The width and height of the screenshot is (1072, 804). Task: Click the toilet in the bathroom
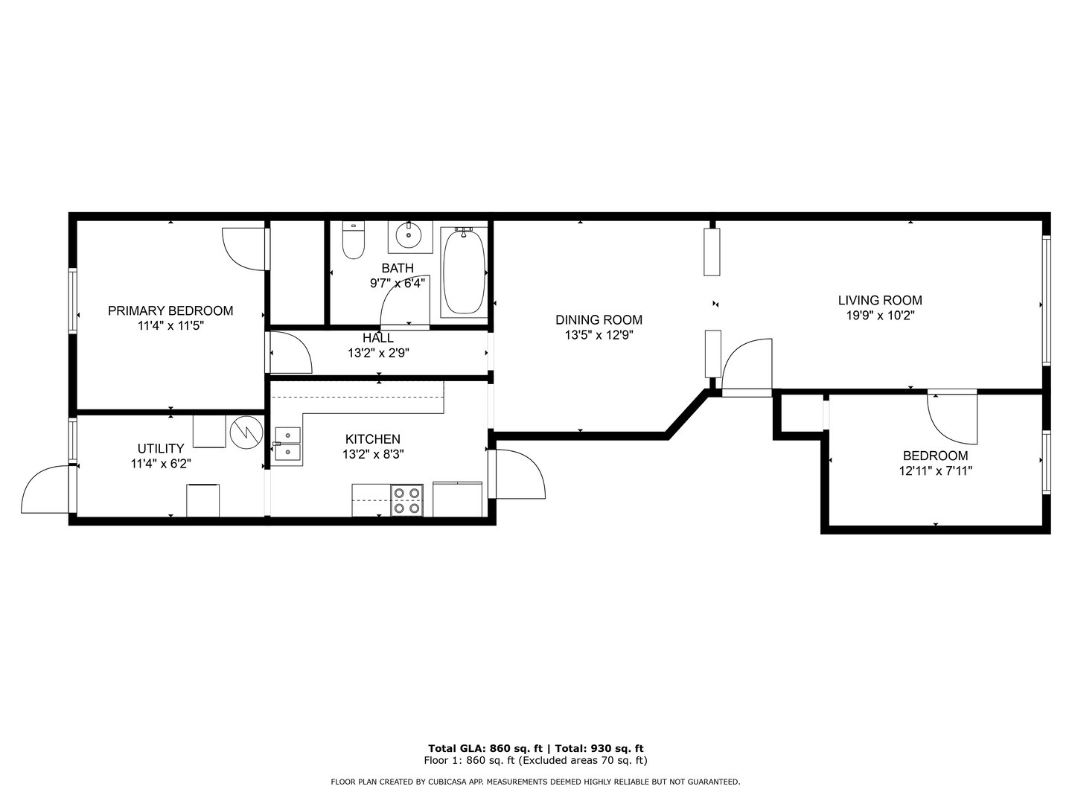pyautogui.click(x=353, y=240)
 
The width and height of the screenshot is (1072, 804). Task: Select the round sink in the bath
pyautogui.click(x=408, y=235)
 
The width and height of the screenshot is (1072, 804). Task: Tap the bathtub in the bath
pyautogui.click(x=463, y=271)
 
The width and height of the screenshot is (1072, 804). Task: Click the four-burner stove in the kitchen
pyautogui.click(x=406, y=500)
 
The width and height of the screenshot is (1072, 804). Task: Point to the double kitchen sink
pyautogui.click(x=287, y=444)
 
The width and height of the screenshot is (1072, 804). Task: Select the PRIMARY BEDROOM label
pyautogui.click(x=170, y=311)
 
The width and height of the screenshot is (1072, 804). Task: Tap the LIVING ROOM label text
pyautogui.click(x=880, y=301)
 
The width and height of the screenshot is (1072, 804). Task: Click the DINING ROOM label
pyautogui.click(x=599, y=320)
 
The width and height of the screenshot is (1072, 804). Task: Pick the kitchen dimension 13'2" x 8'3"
pyautogui.click(x=373, y=453)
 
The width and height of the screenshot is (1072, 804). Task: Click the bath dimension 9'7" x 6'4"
pyautogui.click(x=398, y=283)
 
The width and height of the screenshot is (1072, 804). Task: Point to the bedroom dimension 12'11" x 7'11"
pyautogui.click(x=935, y=470)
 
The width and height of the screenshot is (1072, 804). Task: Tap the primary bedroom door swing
pyautogui.click(x=244, y=249)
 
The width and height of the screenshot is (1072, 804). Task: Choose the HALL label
pyautogui.click(x=378, y=339)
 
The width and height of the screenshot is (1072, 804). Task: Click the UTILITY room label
pyautogui.click(x=161, y=449)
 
